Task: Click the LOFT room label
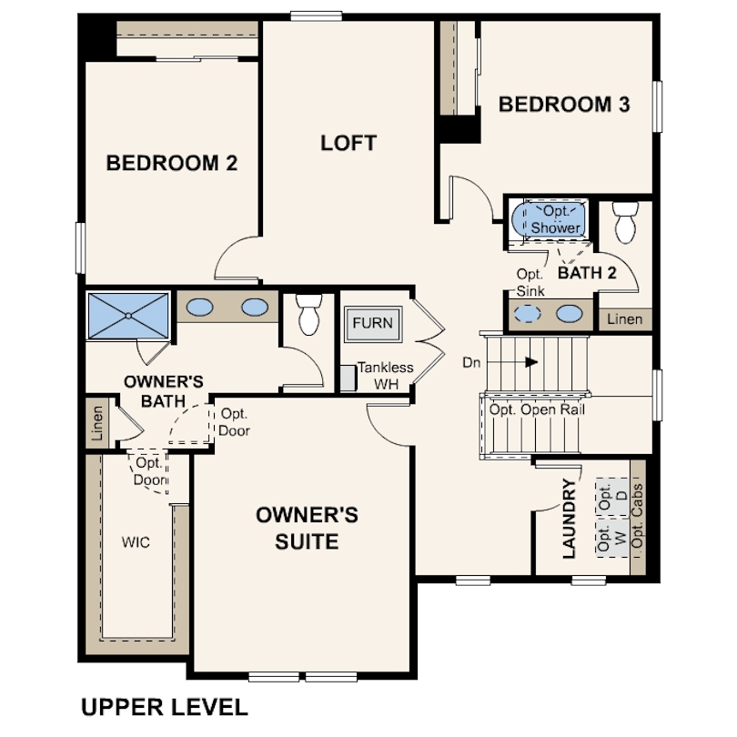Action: [348, 143]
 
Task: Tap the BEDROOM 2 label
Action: [172, 163]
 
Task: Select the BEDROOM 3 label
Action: [564, 105]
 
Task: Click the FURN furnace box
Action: [373, 323]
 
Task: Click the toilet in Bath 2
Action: [626, 222]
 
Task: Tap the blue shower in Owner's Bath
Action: [128, 316]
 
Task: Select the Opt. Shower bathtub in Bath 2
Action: [549, 219]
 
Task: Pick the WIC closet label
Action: [136, 542]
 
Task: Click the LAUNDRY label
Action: [570, 519]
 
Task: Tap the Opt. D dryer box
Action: [612, 498]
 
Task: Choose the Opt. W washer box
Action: [612, 538]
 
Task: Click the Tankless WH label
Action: [386, 376]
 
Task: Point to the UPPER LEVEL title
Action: [165, 707]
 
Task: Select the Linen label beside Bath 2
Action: [625, 319]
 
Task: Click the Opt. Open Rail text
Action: [537, 409]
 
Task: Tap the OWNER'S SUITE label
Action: [307, 529]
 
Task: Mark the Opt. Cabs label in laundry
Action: [638, 516]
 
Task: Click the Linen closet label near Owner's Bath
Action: [96, 423]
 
